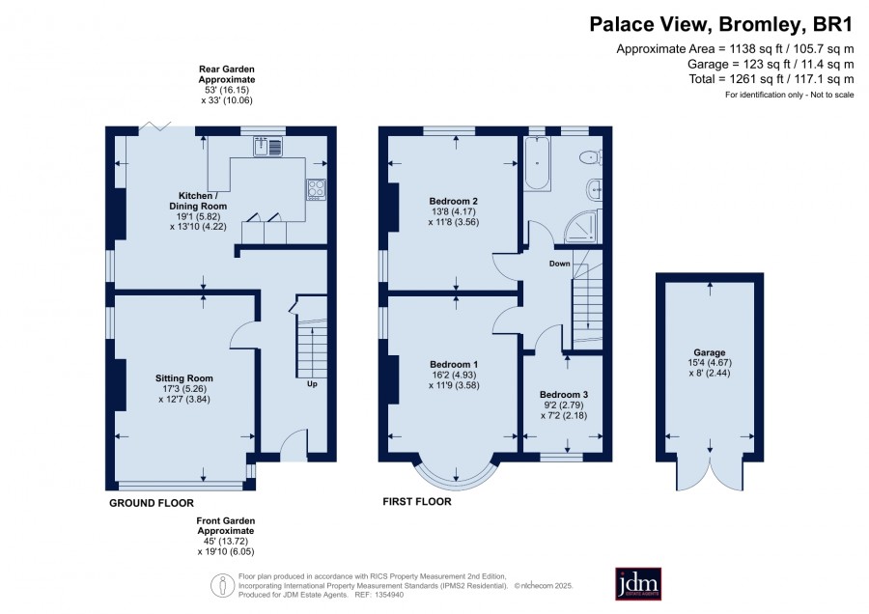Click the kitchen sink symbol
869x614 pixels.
pyautogui.click(x=268, y=147)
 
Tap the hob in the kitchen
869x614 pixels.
pyautogui.click(x=317, y=189)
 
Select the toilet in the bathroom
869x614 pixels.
pyautogui.click(x=591, y=157)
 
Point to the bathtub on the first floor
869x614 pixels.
pyautogui.click(x=537, y=163)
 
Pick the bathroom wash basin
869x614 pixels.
pyautogui.click(x=595, y=190)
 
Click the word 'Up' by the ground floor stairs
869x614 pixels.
pyautogui.click(x=312, y=383)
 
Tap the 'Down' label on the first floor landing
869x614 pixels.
pyautogui.click(x=559, y=264)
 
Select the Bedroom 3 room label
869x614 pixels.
pyautogui.click(x=564, y=395)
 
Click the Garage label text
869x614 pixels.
pyautogui.click(x=710, y=352)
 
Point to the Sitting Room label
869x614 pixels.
pyautogui.click(x=184, y=377)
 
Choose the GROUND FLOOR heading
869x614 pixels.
pyautogui.click(x=152, y=503)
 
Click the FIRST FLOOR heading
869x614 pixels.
pyautogui.click(x=417, y=501)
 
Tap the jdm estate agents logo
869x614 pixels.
pyautogui.click(x=638, y=583)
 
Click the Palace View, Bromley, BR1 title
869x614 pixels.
pyautogui.click(x=721, y=24)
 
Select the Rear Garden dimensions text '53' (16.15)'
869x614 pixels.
pyautogui.click(x=227, y=90)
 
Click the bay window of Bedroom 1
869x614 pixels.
pyautogui.click(x=456, y=478)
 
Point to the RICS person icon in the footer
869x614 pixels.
pyautogui.click(x=222, y=586)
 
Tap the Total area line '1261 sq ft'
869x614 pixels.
pyautogui.click(x=771, y=79)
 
